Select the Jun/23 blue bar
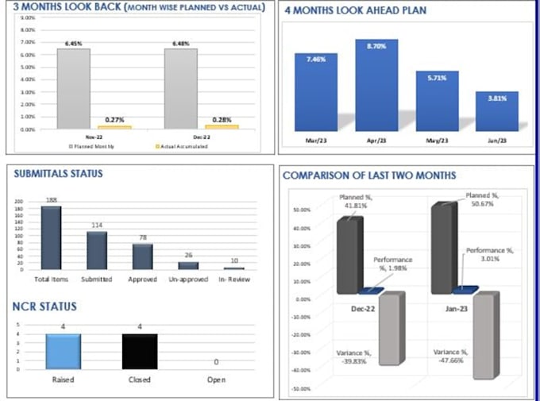coord(502,110)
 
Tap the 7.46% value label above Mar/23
coord(316,47)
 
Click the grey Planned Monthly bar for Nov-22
coord(74,87)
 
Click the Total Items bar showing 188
coord(52,237)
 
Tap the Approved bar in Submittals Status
coord(142,256)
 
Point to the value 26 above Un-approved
coord(187,255)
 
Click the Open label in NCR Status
coord(216,380)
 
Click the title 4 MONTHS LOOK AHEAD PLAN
coord(355,12)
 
